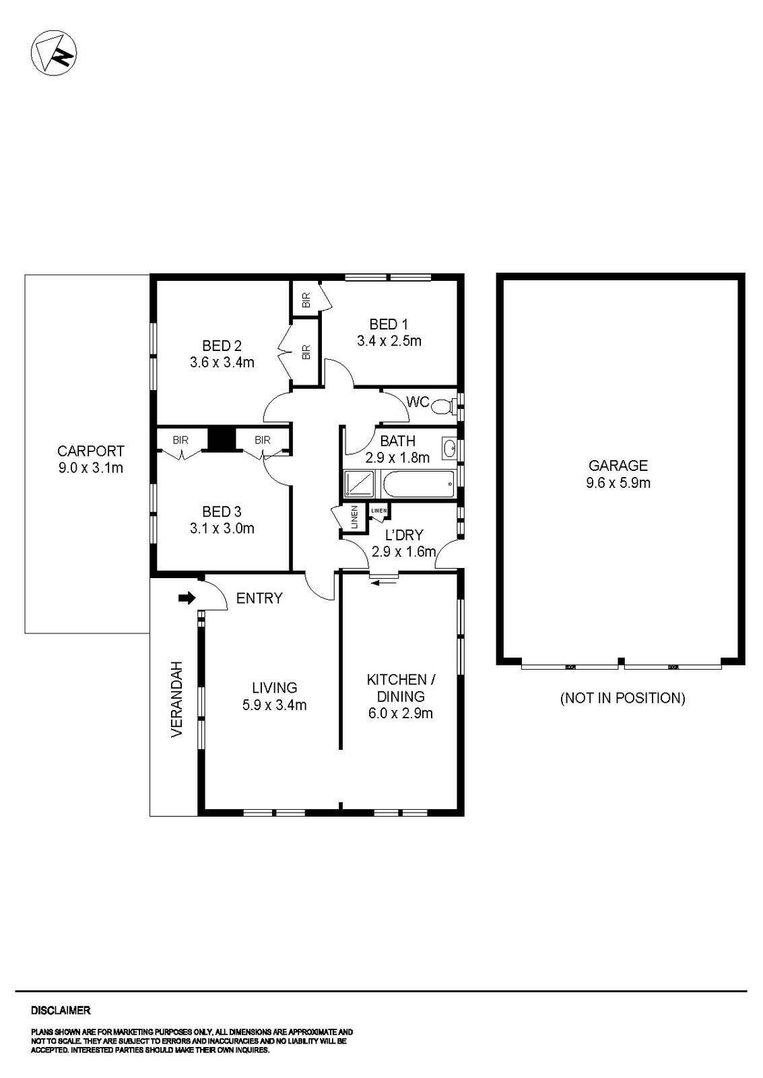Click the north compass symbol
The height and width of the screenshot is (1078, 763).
(55, 53)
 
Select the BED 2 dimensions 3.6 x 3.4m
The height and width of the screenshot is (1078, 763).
(222, 362)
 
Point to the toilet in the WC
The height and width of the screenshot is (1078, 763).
(442, 406)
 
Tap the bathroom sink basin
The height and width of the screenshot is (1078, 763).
(449, 447)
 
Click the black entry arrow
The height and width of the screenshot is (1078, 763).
(187, 598)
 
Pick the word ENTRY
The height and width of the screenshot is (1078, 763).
(259, 598)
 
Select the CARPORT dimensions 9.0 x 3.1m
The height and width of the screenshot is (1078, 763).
(91, 468)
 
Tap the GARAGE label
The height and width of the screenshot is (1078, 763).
(618, 465)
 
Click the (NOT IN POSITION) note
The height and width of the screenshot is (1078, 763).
(622, 698)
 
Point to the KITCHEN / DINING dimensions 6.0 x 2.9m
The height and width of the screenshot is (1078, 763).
(401, 713)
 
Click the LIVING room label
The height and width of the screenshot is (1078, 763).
(274, 688)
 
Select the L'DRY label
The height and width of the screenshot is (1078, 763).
(404, 535)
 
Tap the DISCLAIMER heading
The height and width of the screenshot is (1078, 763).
(61, 1011)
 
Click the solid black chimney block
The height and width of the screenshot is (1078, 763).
(219, 439)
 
